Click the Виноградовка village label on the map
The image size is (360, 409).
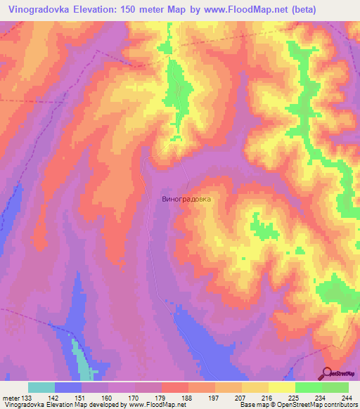186,199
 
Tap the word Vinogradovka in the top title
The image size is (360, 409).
41,10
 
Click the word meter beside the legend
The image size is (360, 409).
10,398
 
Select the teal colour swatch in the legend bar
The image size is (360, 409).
41,387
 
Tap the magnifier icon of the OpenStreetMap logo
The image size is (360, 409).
328,373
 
